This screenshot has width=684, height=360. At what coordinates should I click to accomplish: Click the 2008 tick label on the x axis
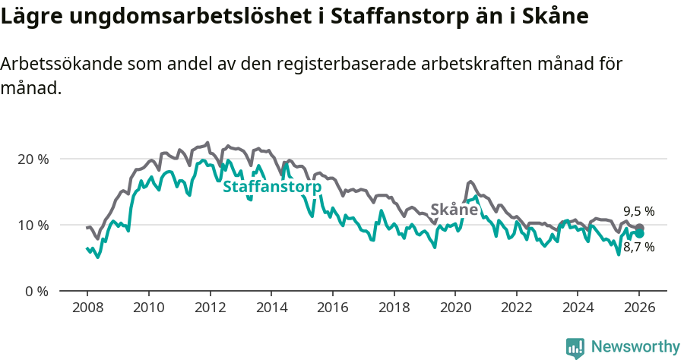pos(87,309)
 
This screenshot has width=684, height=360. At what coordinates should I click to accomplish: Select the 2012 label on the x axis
pos(209,309)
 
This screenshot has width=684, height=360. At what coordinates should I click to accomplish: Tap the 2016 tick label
pos(332,309)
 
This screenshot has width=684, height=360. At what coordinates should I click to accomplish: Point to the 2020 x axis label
pos(454,309)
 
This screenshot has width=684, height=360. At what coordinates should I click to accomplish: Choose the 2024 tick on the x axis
pos(577,309)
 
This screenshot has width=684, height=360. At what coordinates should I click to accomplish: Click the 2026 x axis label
pos(639,309)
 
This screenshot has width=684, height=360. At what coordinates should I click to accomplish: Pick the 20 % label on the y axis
pos(33,159)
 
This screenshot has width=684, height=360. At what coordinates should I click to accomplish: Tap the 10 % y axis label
pos(33,226)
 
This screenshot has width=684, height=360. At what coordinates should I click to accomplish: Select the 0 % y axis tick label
pos(36,292)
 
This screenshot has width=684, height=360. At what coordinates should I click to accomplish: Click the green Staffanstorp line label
pos(272,187)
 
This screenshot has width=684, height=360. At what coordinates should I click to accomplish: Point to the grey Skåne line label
pos(454,210)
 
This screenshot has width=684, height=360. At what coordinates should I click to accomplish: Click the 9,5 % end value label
pos(639,212)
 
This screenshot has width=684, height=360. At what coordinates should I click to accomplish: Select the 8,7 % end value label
pos(639,248)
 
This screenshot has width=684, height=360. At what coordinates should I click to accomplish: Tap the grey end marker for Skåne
pos(640,228)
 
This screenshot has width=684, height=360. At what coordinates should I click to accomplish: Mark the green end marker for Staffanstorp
pos(640,234)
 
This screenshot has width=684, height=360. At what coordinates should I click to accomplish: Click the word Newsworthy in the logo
pos(635,347)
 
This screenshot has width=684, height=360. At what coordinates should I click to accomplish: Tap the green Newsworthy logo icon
pos(575,348)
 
